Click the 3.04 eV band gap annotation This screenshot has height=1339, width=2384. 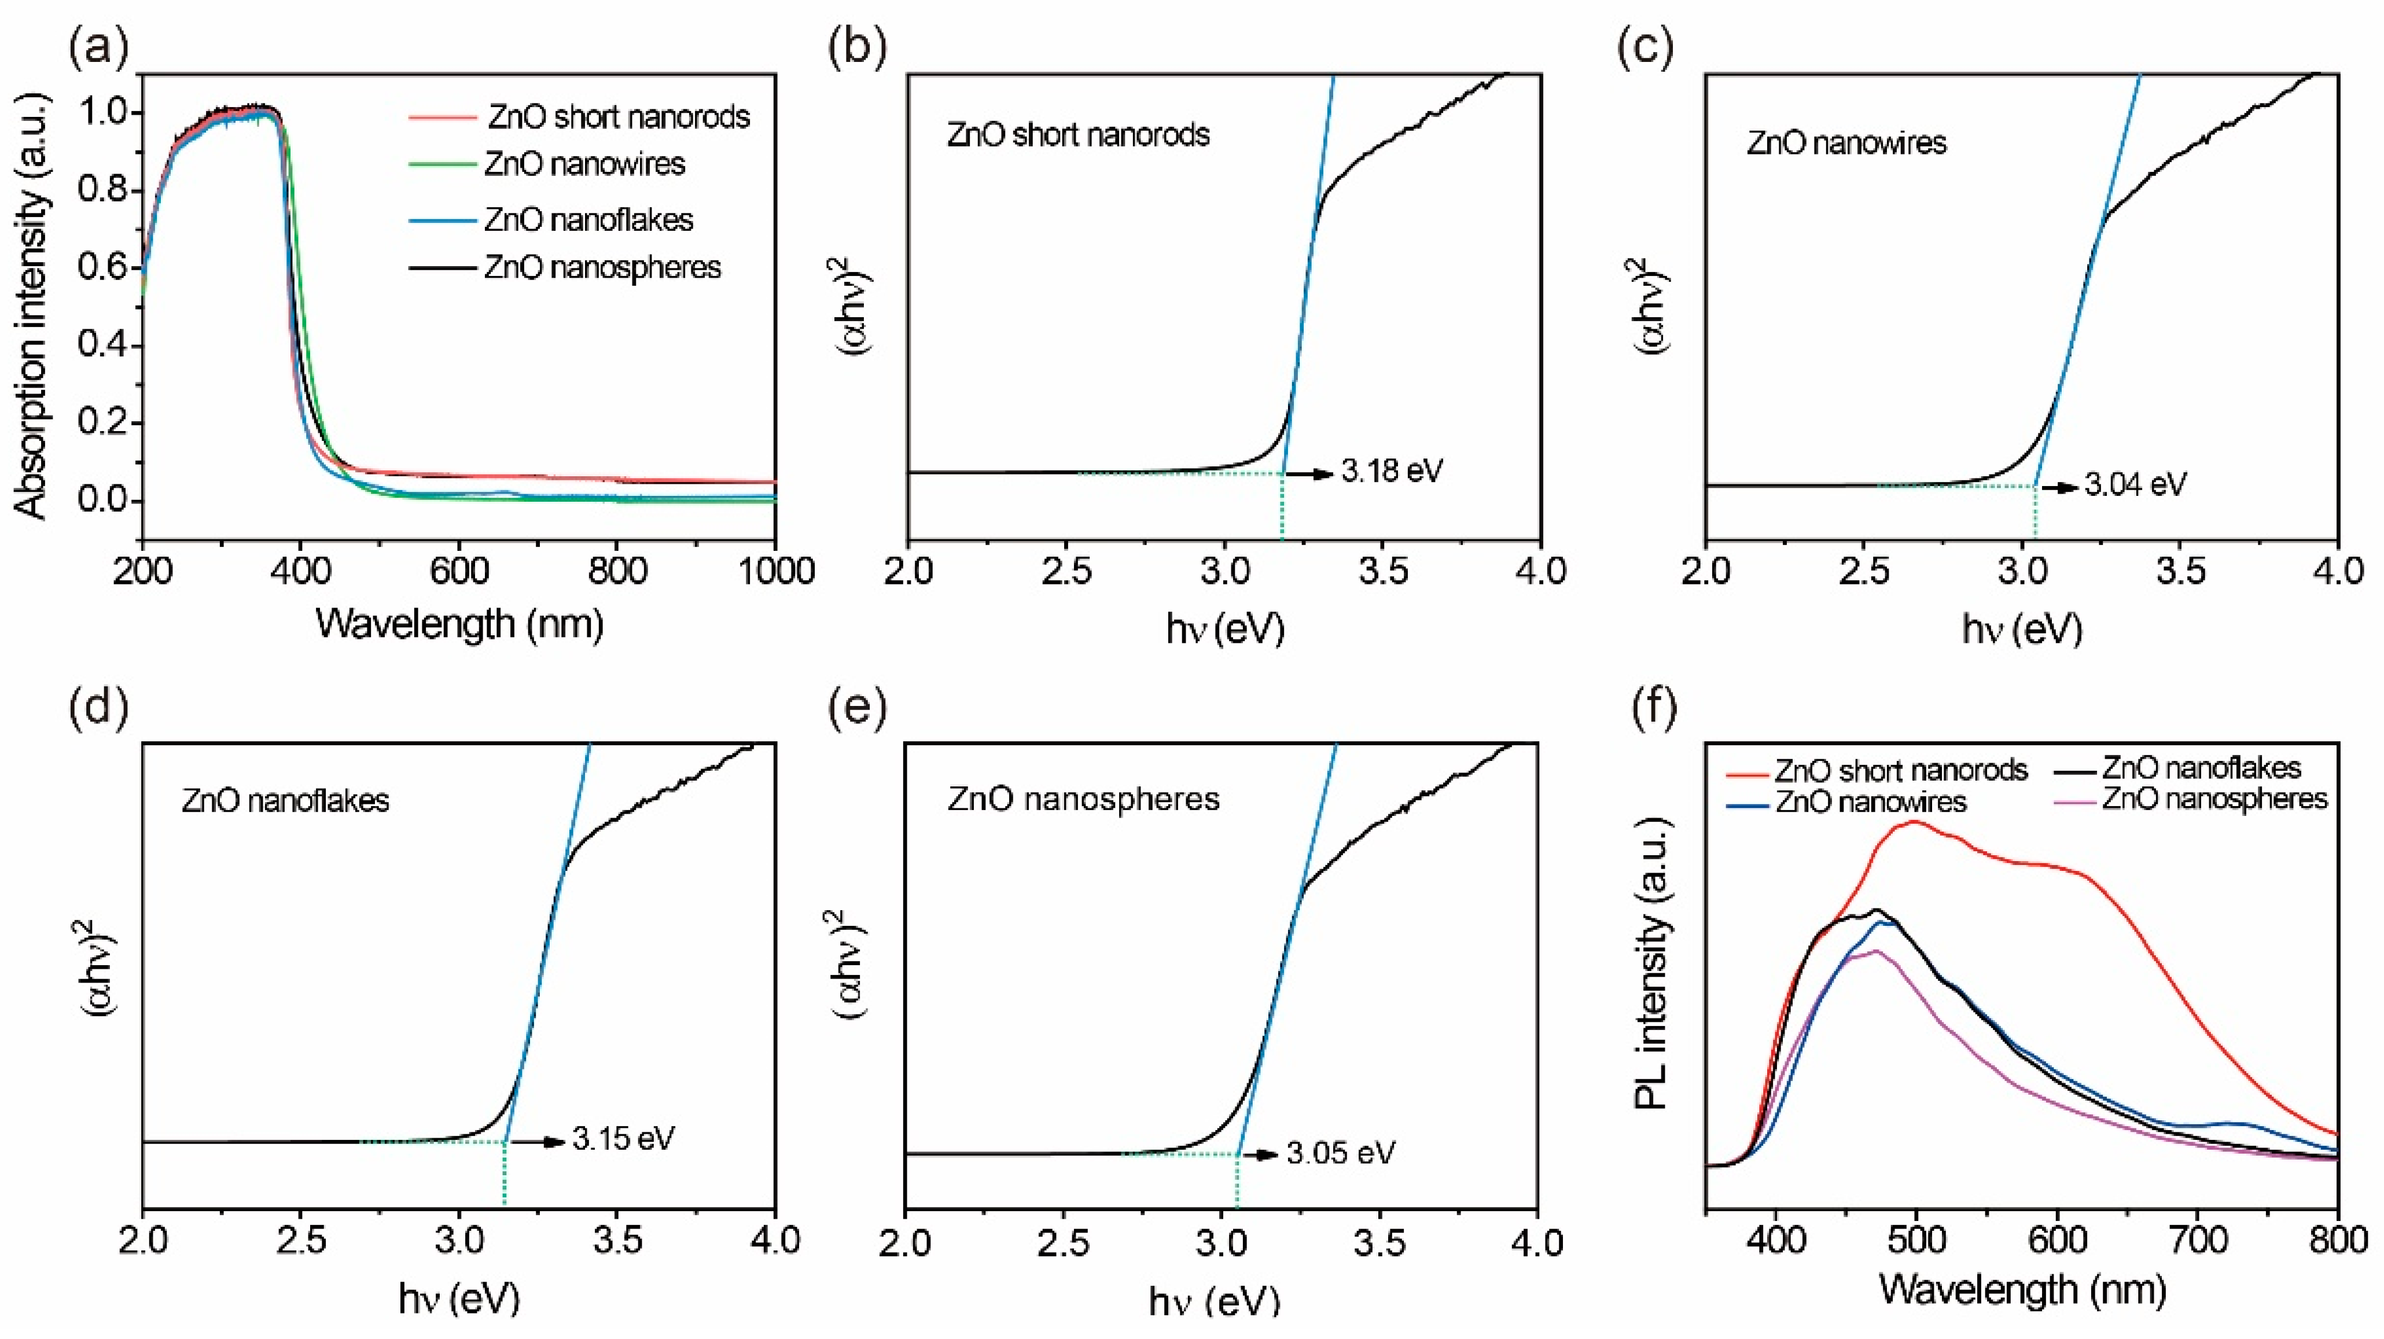(2135, 484)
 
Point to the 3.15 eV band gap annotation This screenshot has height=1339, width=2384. (623, 1138)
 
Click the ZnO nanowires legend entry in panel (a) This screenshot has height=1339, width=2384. (584, 165)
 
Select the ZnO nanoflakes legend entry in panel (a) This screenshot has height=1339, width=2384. (588, 220)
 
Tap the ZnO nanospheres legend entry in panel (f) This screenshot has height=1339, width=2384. (2214, 799)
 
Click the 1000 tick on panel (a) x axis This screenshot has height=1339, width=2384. (775, 571)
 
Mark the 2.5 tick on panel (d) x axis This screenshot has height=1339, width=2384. (301, 1240)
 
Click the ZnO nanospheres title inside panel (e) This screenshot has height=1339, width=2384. (1083, 799)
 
